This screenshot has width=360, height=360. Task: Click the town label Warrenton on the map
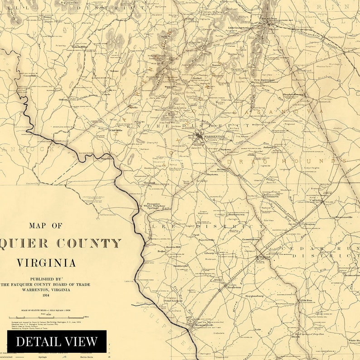[x=214, y=136]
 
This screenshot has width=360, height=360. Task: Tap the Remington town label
[x=202, y=326]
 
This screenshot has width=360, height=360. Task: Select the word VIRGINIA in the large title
[x=46, y=263]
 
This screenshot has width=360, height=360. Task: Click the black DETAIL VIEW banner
[x=57, y=341]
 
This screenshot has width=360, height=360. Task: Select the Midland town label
[x=264, y=257]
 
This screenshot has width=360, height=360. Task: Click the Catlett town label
[x=316, y=200]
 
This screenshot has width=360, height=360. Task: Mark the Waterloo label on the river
[x=107, y=159]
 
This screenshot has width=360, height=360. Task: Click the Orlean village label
[x=63, y=99]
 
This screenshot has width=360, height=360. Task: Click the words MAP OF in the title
[x=46, y=225]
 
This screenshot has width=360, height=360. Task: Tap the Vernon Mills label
[x=79, y=47]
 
